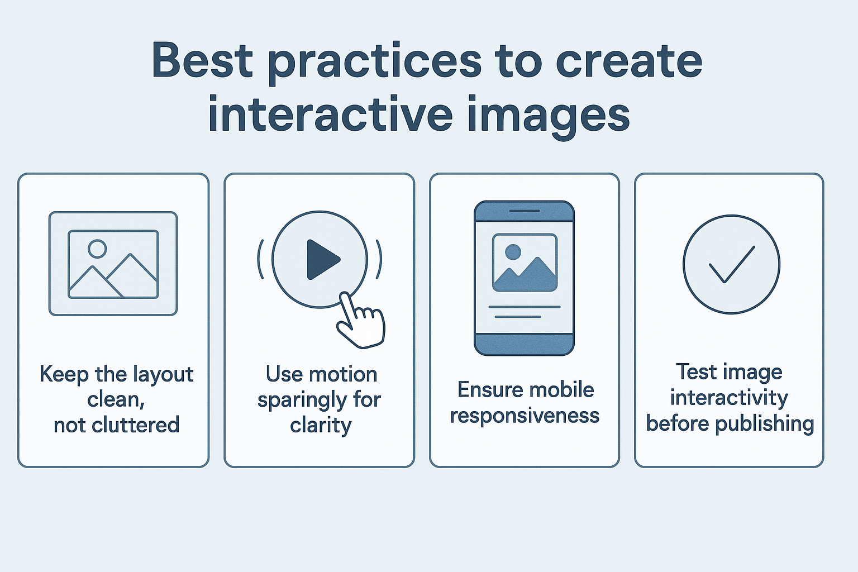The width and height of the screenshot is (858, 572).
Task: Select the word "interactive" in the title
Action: click(330, 115)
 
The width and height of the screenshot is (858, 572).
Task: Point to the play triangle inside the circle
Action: click(322, 259)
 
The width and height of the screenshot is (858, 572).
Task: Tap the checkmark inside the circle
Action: click(731, 264)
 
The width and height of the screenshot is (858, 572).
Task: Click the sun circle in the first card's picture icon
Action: click(97, 249)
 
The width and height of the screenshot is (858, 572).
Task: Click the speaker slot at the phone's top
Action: click(524, 211)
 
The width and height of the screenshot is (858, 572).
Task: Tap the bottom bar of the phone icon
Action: click(524, 344)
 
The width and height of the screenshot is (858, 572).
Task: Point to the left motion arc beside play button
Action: click(260, 259)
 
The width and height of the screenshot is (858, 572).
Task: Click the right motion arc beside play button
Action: click(379, 259)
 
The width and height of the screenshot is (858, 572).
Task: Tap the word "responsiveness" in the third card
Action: click(525, 416)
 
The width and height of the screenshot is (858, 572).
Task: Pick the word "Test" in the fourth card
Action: click(696, 372)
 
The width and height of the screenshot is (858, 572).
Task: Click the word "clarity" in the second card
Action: click(321, 426)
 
